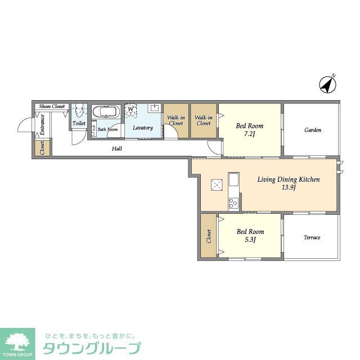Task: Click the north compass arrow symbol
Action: [x=327, y=84]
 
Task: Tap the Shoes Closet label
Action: [x=52, y=106]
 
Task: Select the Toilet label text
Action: [x=79, y=124]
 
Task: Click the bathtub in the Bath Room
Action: [x=105, y=112]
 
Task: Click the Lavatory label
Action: [x=143, y=128]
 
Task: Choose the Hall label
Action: [x=117, y=148]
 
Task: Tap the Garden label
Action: [x=313, y=130]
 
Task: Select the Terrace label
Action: [x=312, y=237]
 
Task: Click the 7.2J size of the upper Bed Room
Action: [x=250, y=134]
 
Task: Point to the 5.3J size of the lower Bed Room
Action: [x=250, y=240]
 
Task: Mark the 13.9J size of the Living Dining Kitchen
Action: [x=289, y=187]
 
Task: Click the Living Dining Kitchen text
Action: [x=289, y=179]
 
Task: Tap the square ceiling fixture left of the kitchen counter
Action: [x=217, y=184]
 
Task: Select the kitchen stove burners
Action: [x=233, y=202]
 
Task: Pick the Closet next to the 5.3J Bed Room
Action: [x=209, y=236]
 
